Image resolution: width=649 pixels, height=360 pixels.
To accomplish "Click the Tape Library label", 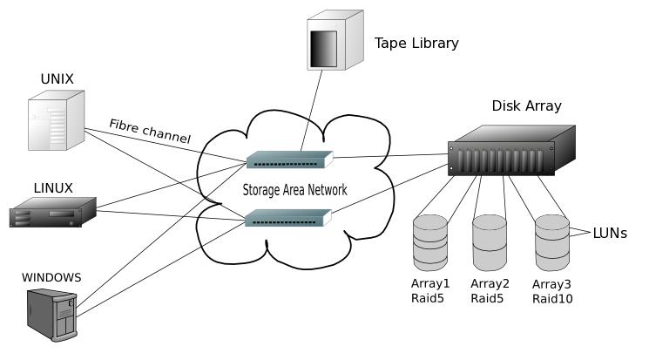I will click(416, 43).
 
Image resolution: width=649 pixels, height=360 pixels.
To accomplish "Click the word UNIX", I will click(57, 79).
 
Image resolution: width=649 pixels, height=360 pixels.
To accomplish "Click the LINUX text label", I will click(52, 187).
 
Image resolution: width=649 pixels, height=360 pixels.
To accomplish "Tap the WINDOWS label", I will click(51, 277).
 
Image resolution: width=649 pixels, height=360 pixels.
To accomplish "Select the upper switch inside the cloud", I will click(289, 160).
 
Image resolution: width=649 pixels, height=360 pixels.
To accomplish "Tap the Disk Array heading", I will click(526, 106).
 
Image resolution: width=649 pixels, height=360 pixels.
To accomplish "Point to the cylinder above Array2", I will click(490, 242).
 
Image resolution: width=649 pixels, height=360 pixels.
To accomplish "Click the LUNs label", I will click(610, 234).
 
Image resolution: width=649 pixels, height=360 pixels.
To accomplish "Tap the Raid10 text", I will click(551, 298).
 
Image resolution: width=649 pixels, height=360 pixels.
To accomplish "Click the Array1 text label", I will click(430, 283).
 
